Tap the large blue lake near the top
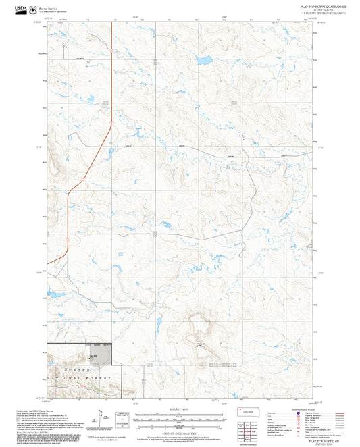[x=203, y=59]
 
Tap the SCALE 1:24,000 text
[x=179, y=408]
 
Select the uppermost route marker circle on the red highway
[x=113, y=51]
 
